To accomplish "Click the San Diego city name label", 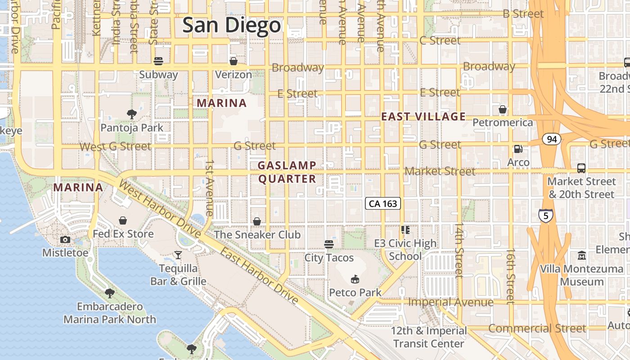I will point(232,25).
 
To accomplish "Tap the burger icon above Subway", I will point(158,61).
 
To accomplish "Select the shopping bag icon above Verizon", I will point(233,61).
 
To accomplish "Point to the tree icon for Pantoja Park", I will point(132,114).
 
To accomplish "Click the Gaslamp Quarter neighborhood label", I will point(287,172).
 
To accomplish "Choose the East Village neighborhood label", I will point(423,117).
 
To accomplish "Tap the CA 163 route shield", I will point(382,204).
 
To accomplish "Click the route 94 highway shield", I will point(552,139).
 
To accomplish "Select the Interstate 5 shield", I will point(546,216).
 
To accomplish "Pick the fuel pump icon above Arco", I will point(518,149).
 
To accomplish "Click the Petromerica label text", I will point(503,122).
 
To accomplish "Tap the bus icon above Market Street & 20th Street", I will point(581,168).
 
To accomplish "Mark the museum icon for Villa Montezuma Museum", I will point(582,255).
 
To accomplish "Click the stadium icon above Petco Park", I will point(355,279).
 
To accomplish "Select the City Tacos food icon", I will point(329,244).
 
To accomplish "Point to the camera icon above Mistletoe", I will point(65,239).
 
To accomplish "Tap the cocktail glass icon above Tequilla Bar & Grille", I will point(178,255).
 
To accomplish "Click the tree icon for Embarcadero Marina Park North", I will point(109,293).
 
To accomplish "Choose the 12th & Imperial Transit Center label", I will point(428,337).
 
